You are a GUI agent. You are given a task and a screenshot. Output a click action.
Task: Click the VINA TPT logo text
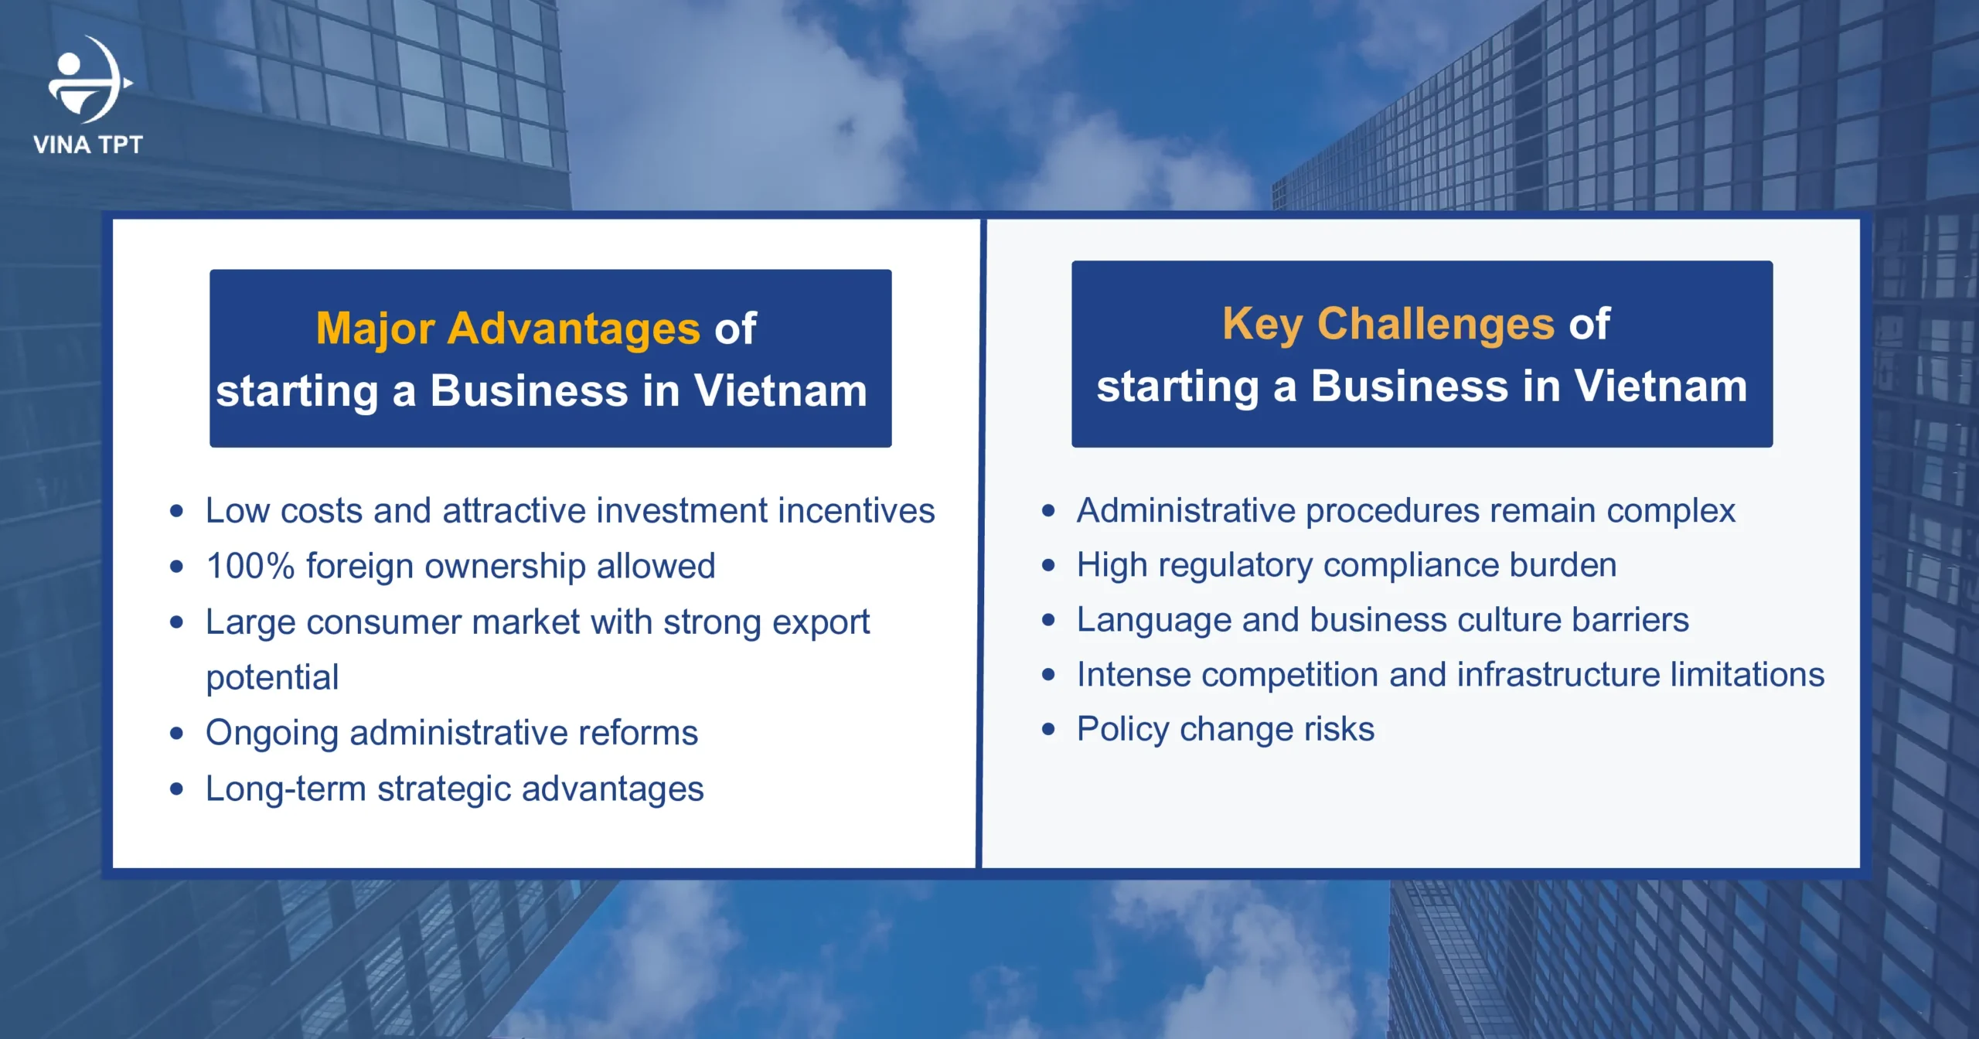pyautogui.click(x=87, y=145)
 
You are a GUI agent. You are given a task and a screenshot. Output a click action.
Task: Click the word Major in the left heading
pyautogui.click(x=376, y=329)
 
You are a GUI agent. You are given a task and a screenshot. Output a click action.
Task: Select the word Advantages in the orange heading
pyautogui.click(x=574, y=329)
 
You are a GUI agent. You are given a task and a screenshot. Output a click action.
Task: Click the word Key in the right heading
pyautogui.click(x=1262, y=324)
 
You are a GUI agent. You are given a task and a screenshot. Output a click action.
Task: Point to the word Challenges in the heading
pyautogui.click(x=1436, y=324)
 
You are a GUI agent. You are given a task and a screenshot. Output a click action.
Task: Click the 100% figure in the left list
pyautogui.click(x=250, y=566)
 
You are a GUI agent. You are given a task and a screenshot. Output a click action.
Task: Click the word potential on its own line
pyautogui.click(x=272, y=678)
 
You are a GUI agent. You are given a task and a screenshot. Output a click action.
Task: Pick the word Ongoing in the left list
pyautogui.click(x=271, y=734)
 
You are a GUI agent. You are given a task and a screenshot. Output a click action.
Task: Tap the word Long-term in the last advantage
pyautogui.click(x=285, y=789)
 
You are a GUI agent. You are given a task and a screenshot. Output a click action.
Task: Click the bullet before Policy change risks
pyautogui.click(x=1048, y=729)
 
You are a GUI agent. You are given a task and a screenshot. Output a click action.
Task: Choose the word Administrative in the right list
pyautogui.click(x=1185, y=511)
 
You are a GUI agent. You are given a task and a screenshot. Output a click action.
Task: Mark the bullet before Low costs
pyautogui.click(x=177, y=511)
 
